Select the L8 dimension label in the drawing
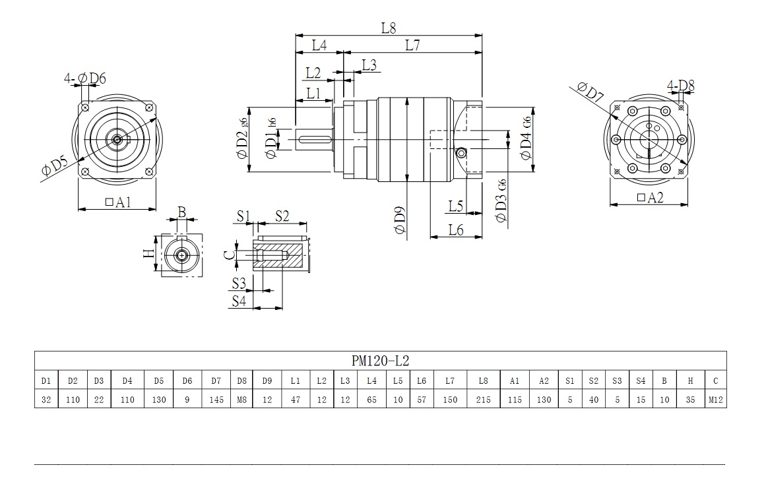click(x=389, y=28)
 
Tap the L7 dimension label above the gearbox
click(x=412, y=46)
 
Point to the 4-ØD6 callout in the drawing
click(x=85, y=78)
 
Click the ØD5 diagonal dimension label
click(x=55, y=167)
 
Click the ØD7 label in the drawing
click(x=590, y=92)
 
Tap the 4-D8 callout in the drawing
click(x=680, y=85)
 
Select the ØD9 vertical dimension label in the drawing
click(x=400, y=220)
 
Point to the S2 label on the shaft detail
click(x=282, y=216)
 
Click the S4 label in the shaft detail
click(x=239, y=301)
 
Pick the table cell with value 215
click(x=483, y=400)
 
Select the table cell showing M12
click(x=715, y=400)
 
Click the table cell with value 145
click(x=216, y=400)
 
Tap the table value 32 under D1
click(x=46, y=400)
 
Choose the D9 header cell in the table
click(x=267, y=381)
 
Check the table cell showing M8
click(x=241, y=400)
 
